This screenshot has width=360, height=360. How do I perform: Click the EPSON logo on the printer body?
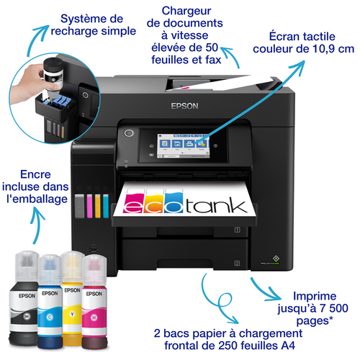(184, 106)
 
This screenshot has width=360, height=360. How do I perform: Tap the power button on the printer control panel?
(129, 133)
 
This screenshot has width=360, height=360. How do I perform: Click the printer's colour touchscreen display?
(183, 146)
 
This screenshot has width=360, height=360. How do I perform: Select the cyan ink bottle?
(50, 302)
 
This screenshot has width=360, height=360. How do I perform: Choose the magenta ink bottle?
(94, 302)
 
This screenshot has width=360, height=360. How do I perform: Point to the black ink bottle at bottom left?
(24, 299)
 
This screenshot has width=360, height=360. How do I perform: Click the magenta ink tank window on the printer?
(89, 206)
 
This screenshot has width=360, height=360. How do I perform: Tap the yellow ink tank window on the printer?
(97, 206)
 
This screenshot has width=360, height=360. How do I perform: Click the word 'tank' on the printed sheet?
(216, 206)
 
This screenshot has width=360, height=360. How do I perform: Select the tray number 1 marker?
(237, 230)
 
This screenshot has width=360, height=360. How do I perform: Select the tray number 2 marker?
(237, 264)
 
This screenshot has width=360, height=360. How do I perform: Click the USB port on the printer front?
(94, 249)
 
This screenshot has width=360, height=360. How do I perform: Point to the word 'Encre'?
(35, 174)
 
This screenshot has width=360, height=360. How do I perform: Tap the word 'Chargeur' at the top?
(186, 12)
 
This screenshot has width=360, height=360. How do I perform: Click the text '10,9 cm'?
(333, 49)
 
